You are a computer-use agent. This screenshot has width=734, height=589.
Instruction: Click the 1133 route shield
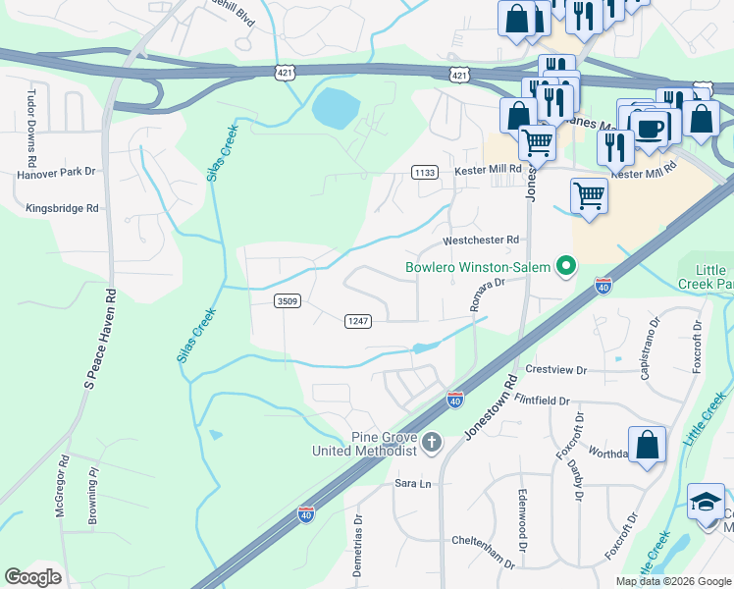coord(424,172)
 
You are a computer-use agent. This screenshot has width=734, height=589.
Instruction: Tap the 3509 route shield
coord(287,301)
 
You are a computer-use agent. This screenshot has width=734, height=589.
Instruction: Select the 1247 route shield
coord(357,321)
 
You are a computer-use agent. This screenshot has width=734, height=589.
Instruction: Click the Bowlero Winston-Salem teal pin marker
coord(565,266)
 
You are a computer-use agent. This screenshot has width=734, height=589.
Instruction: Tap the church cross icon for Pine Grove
coord(431,444)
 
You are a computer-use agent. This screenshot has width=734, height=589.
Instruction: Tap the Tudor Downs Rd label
coord(31,128)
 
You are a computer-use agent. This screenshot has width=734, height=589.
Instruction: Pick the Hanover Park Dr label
coord(56,172)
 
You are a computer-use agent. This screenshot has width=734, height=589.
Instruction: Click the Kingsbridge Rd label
coord(63,208)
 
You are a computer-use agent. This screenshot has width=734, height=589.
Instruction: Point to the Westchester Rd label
coord(481,240)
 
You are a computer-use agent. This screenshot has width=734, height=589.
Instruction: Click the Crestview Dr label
coord(555,370)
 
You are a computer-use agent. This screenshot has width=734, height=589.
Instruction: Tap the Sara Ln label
coord(412,484)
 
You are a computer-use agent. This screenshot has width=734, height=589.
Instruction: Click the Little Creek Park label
coord(705,277)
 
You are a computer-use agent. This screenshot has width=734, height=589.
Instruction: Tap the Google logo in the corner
coord(32,577)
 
